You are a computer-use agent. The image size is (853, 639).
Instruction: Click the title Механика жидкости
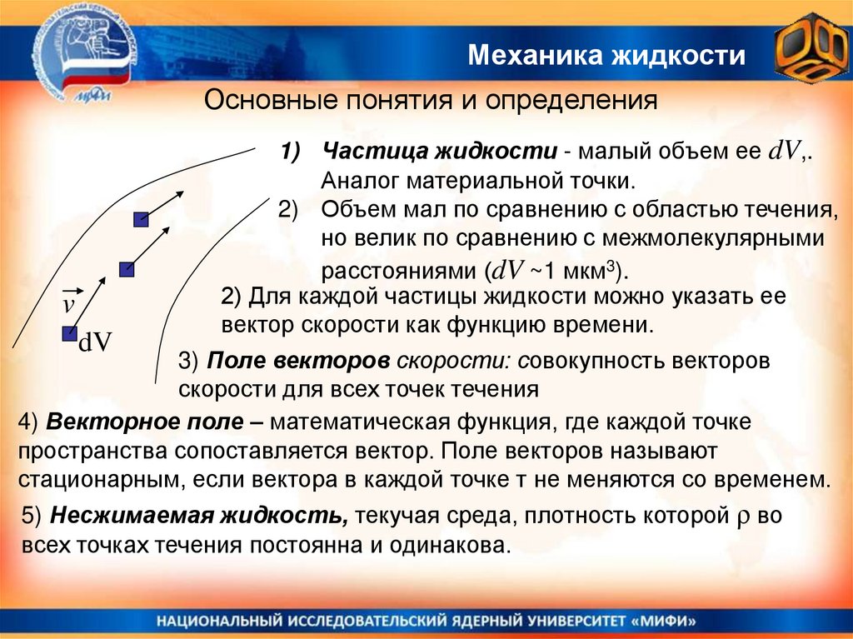click(606, 57)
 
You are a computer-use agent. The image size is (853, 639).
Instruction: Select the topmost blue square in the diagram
click(141, 220)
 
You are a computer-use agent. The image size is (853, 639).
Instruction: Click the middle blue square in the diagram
click(126, 269)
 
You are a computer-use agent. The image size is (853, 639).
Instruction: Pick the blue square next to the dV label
click(68, 333)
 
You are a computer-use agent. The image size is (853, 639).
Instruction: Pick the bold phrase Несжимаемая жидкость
click(199, 516)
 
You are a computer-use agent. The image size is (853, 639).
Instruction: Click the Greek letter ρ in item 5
click(745, 517)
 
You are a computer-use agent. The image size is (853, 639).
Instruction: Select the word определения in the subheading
click(572, 102)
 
